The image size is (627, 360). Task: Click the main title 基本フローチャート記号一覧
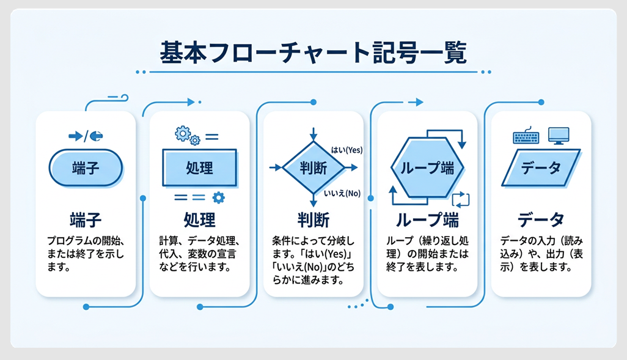click(x=313, y=53)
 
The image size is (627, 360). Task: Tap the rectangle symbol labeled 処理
click(x=199, y=168)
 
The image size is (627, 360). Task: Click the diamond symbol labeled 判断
click(x=313, y=167)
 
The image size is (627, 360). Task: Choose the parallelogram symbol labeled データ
click(x=540, y=168)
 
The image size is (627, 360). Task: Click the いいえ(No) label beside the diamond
click(x=342, y=194)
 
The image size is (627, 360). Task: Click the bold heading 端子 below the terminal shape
click(x=86, y=219)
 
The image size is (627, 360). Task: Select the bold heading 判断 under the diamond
click(x=313, y=219)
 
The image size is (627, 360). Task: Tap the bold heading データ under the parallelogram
click(x=540, y=219)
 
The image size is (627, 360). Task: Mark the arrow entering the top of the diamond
click(x=313, y=133)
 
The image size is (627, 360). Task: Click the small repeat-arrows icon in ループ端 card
click(x=460, y=199)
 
